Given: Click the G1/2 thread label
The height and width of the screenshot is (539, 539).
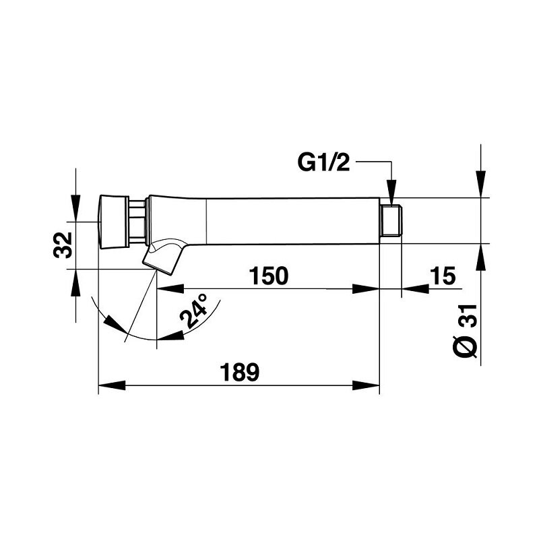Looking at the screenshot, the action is [x=323, y=163].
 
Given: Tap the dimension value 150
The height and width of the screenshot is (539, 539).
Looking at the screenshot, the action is [x=268, y=276].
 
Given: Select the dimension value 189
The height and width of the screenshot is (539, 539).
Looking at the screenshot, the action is [x=239, y=372].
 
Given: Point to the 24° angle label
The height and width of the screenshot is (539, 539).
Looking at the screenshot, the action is [x=194, y=311].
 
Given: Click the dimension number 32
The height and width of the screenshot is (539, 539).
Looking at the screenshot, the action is [x=63, y=245].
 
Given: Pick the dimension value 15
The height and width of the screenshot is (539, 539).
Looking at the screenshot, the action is [x=443, y=276].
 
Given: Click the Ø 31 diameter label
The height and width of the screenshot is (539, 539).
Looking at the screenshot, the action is [x=465, y=331].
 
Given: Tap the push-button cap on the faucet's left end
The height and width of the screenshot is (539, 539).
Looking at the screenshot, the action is [x=114, y=222].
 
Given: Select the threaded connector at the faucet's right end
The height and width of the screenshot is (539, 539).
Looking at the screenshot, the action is [x=391, y=221].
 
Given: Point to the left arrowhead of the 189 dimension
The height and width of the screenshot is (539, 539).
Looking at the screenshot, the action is [x=112, y=385].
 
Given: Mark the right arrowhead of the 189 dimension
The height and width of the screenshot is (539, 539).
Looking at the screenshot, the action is [x=366, y=385].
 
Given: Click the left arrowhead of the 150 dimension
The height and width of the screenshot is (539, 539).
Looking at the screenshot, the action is [x=170, y=289].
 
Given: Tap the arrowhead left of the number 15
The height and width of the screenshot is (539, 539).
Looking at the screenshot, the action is [x=415, y=289].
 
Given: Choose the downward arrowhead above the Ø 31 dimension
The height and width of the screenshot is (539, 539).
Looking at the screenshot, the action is [x=480, y=184].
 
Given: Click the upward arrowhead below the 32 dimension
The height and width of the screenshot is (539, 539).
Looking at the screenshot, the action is [x=75, y=282].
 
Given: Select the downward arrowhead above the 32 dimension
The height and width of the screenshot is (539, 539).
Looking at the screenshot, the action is [x=75, y=208].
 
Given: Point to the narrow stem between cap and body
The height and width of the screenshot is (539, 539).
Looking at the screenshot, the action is [x=137, y=222].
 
